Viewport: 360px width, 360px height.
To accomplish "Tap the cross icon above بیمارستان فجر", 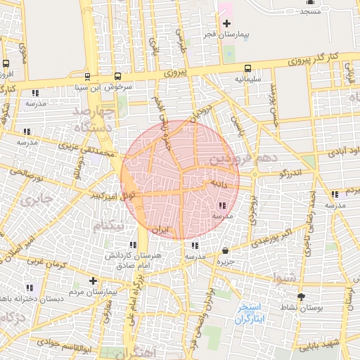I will [x=226, y=24].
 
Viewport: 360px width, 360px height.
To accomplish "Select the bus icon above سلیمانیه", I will [x=247, y=69].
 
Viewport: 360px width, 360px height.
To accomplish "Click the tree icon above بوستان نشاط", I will [x=301, y=297].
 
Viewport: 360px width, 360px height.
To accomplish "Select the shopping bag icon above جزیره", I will [x=224, y=251].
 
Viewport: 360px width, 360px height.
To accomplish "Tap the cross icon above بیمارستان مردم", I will [x=92, y=281].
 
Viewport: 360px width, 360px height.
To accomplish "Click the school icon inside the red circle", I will [x=223, y=205].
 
